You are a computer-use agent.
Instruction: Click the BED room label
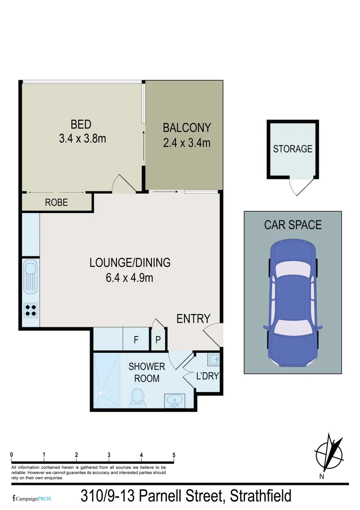pos(81,125)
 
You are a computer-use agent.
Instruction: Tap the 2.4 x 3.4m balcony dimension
pos(186,142)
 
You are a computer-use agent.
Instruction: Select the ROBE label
pos(57,203)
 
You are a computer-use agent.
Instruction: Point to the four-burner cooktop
pos(31,310)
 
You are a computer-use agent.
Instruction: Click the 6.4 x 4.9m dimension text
pos(129,278)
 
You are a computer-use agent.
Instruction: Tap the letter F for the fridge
pos(135,340)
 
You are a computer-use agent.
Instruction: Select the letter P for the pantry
pos(158,340)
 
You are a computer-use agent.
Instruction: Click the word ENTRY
pos(193,319)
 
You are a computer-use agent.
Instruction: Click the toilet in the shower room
pos(137,396)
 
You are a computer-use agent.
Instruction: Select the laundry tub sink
pos(213,360)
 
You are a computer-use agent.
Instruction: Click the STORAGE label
pos(293,149)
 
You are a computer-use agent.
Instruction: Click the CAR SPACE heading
pos(293,225)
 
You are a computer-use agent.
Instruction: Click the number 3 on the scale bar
pos(109,455)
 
